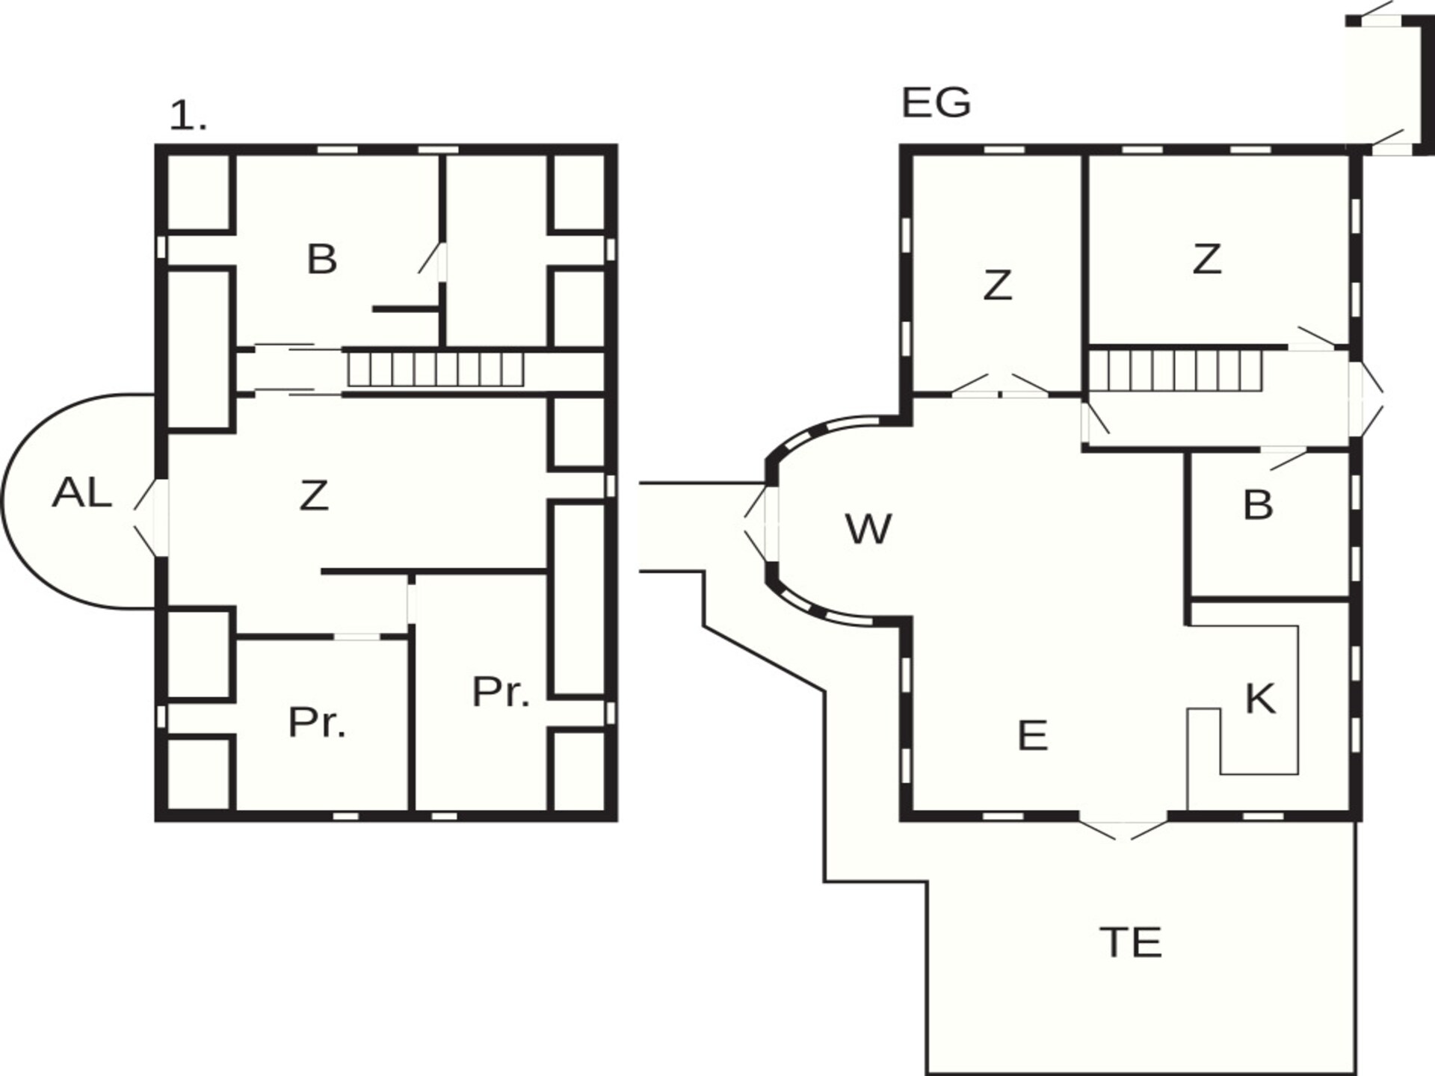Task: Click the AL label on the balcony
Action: click(82, 493)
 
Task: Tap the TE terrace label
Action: click(1131, 942)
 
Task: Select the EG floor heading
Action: click(936, 103)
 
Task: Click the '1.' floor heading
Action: click(188, 117)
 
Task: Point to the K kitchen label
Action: click(1260, 699)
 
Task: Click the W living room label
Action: click(868, 529)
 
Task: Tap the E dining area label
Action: click(1033, 735)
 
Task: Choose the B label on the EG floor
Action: click(1258, 505)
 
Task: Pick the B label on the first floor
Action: click(322, 259)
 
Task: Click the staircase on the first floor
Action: click(436, 369)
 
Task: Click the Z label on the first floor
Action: click(314, 495)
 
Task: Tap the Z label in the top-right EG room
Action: click(1207, 259)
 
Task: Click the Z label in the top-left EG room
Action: click(998, 285)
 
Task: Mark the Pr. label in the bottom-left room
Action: click(317, 723)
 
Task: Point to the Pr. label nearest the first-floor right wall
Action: click(501, 692)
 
